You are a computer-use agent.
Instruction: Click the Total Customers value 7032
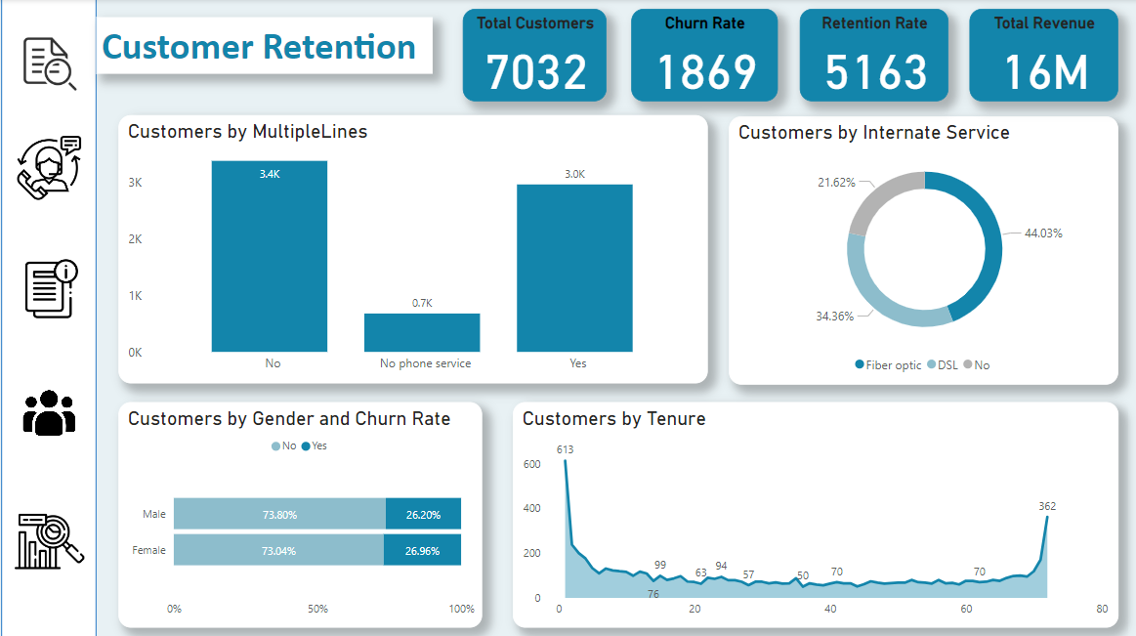coord(535,72)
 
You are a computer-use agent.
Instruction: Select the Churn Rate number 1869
coord(705,72)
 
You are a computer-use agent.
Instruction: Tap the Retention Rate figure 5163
coord(874,72)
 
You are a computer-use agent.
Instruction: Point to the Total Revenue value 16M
coord(1044,72)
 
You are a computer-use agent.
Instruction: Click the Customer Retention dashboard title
coord(259,47)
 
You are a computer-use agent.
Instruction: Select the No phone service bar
coord(422,332)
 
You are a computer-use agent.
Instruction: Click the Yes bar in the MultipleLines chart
coord(574,268)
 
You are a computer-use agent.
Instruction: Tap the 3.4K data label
coord(270,174)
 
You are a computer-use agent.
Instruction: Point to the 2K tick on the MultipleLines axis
coord(135,239)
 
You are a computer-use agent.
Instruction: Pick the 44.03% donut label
coord(1043,233)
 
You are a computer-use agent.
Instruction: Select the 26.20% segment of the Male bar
coord(423,514)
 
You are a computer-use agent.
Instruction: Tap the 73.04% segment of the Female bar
coord(278,550)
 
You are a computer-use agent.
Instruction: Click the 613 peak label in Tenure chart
coord(565,449)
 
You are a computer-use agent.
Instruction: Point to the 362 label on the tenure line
coord(1047,506)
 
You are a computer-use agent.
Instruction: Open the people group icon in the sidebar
coord(49,412)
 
